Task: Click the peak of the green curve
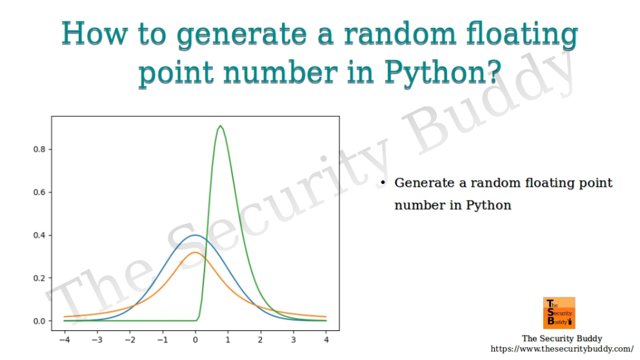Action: coord(221,126)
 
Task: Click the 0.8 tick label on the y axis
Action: coord(39,150)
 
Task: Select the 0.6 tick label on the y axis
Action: coord(39,192)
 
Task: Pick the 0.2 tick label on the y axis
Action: coord(39,278)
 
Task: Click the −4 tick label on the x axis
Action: coord(65,339)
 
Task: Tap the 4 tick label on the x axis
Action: coord(326,339)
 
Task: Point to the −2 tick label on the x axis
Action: coord(130,339)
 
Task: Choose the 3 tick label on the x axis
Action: coord(294,339)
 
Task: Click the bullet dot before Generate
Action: coord(383,184)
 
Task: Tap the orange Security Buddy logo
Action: coord(559,313)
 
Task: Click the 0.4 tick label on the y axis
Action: coord(39,235)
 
